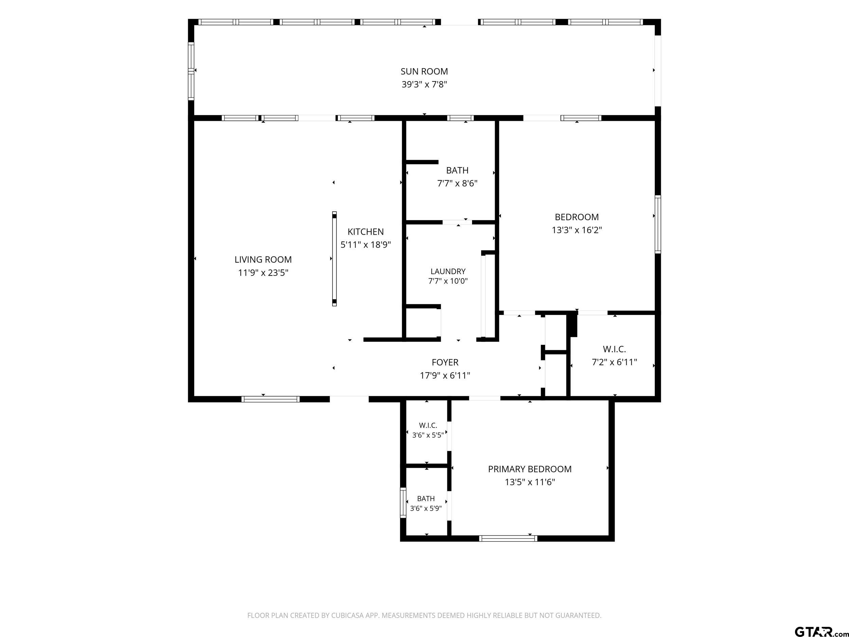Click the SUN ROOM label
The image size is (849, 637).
coord(424,71)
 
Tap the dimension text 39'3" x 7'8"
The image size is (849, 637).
coord(424,85)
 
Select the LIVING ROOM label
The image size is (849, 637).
coord(263,260)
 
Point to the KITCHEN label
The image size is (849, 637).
coord(365,232)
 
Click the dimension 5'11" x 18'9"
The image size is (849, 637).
coord(365,245)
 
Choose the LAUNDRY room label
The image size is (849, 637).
coord(448,271)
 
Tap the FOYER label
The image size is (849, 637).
coord(445,362)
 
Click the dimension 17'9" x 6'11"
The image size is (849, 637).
coord(445,375)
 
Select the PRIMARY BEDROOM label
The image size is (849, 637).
coord(530,469)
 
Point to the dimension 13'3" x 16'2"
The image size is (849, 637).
coord(577,230)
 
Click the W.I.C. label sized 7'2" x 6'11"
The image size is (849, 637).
coord(614,349)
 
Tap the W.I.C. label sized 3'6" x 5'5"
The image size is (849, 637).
coord(428,425)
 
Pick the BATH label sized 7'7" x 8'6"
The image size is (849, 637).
coord(457,170)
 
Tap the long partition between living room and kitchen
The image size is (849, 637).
coord(334,259)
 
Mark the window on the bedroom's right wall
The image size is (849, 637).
coord(658,224)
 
